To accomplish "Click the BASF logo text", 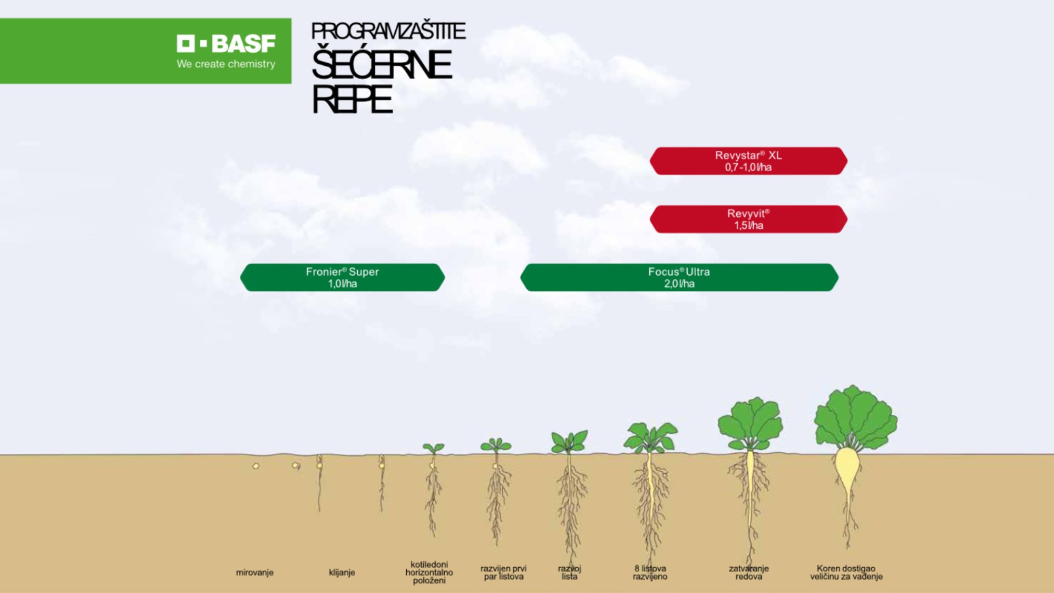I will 243,44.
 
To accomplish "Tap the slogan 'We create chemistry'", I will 226,64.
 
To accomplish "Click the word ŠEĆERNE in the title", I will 382,65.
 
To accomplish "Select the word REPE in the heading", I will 352,100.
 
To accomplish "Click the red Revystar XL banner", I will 748,161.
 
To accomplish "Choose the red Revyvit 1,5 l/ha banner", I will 748,219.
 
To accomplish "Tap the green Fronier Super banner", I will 343,277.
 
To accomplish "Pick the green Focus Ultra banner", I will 679,277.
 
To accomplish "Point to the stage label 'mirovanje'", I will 255,572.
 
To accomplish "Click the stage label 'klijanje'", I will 342,572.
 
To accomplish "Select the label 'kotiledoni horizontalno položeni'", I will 429,572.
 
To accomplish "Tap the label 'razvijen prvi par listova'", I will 503,572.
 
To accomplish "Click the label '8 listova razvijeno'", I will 650,572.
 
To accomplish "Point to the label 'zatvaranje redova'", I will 748,572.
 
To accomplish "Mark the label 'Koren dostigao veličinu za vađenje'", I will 846,572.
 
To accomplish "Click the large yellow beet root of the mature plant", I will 847,469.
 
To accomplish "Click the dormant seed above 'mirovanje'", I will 256,466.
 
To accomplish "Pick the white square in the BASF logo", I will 186,43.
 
